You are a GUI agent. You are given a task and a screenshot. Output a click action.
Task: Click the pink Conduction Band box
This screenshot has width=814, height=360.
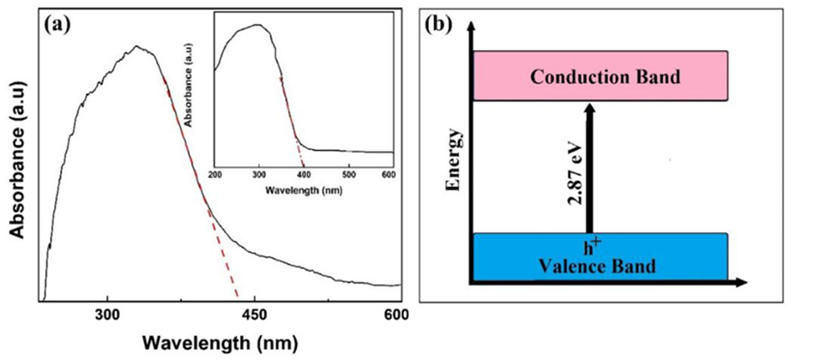(x=601, y=77)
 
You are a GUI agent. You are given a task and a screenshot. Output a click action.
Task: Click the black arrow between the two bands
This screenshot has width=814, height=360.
(x=590, y=169)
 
